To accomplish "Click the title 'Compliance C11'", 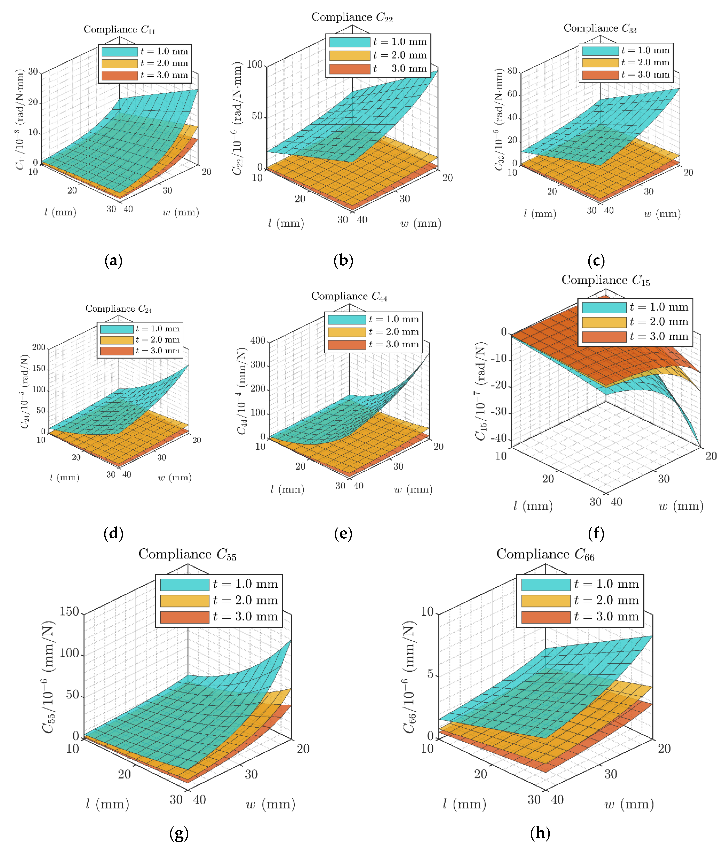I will pos(119,30).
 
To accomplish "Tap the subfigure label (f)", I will pos(596,533).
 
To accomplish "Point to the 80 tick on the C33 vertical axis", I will pos(512,71).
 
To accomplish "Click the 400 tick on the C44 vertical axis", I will pos(258,340).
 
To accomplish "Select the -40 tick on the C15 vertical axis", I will pos(499,438).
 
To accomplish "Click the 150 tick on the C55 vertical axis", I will pos(69,611).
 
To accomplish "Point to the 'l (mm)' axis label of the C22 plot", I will pos(286,223).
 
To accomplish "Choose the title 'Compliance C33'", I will pos(600,28).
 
